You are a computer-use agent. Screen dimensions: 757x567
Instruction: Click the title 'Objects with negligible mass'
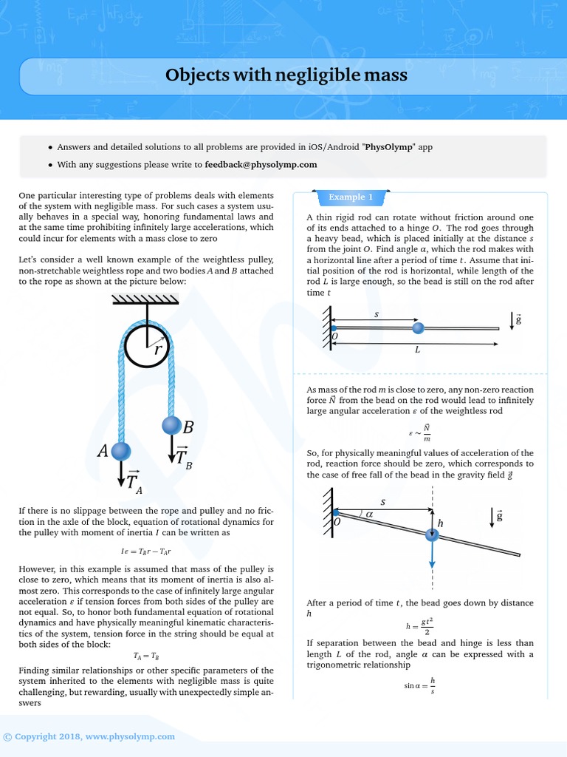(x=286, y=75)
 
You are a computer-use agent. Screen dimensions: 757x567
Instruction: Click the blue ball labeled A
(x=120, y=451)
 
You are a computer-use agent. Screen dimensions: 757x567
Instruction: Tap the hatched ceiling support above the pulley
(x=145, y=299)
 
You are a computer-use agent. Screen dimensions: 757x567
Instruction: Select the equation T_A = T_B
(x=145, y=655)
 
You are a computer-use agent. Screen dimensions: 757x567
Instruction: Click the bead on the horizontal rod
(x=418, y=327)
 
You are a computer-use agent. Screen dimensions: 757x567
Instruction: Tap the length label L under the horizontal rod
(x=417, y=350)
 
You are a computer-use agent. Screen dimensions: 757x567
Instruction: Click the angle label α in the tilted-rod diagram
(x=370, y=514)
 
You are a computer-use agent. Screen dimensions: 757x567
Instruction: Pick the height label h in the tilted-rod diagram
(x=441, y=523)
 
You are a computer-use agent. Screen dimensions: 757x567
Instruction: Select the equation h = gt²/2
(x=419, y=626)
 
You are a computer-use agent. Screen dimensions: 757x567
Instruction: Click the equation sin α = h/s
(x=419, y=685)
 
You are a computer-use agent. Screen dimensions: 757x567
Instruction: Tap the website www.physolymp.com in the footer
(x=130, y=736)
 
